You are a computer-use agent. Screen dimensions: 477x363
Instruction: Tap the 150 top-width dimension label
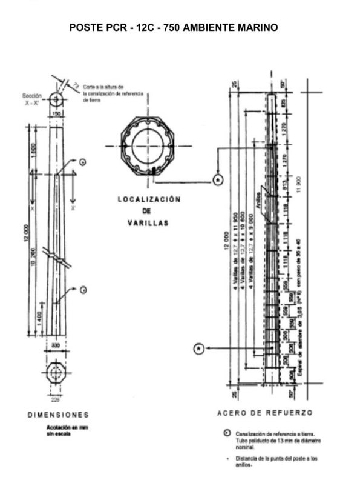pyautogui.click(x=56, y=114)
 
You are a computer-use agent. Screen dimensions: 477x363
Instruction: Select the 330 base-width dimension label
pyautogui.click(x=56, y=345)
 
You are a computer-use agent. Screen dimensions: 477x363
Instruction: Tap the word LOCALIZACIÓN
pyautogui.click(x=149, y=199)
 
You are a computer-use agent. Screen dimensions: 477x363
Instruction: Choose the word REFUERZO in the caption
pyautogui.click(x=290, y=413)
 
